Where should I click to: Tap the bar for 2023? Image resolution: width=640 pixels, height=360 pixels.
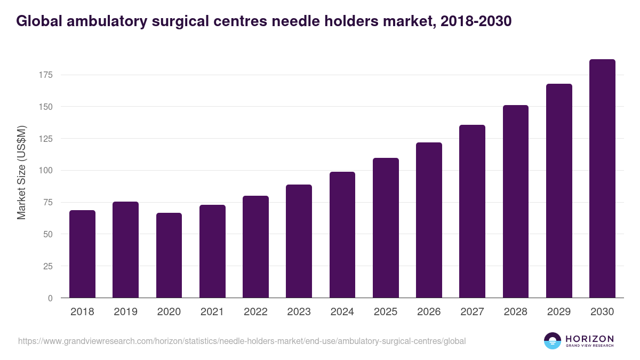click(299, 241)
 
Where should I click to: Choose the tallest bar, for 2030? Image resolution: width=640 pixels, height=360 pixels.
click(602, 179)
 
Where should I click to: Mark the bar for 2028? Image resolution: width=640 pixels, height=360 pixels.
click(515, 202)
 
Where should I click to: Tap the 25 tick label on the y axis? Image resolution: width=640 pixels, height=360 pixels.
click(48, 266)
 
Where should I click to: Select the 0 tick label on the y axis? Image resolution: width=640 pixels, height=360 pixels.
click(50, 298)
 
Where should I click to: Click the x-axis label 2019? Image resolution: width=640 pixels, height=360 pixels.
click(125, 312)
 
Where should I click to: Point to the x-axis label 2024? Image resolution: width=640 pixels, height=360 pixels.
click(342, 312)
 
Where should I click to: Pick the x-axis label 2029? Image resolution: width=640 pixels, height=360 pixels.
click(559, 312)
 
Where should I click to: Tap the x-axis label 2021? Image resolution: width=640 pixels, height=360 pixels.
click(212, 312)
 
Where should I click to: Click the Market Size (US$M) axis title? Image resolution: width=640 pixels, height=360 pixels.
click(21, 172)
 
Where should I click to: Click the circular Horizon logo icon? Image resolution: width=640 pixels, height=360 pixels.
click(552, 341)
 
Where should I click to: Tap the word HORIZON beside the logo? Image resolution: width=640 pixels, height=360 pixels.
click(589, 338)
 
